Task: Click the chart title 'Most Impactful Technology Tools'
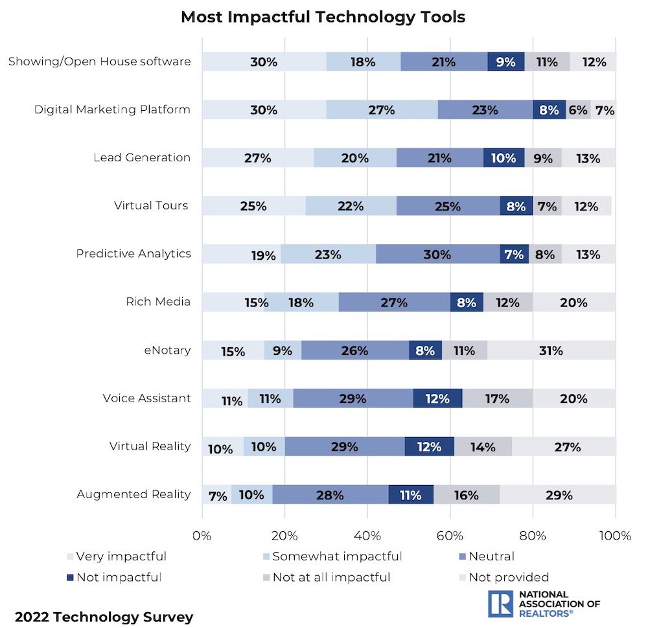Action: [323, 17]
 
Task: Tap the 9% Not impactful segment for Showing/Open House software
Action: [505, 62]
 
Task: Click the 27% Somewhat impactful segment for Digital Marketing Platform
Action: [382, 110]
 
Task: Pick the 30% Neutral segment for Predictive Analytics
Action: [437, 255]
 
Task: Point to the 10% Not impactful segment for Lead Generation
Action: [503, 158]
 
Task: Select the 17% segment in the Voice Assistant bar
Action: [497, 399]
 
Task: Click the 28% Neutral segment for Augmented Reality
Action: [330, 495]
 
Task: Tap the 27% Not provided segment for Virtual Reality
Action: [564, 447]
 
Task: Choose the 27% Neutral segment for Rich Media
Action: [394, 303]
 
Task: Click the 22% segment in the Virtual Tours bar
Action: [351, 207]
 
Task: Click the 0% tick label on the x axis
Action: [202, 536]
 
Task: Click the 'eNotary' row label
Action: [168, 350]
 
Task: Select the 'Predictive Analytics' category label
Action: [133, 254]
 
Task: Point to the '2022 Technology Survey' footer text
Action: [104, 617]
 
